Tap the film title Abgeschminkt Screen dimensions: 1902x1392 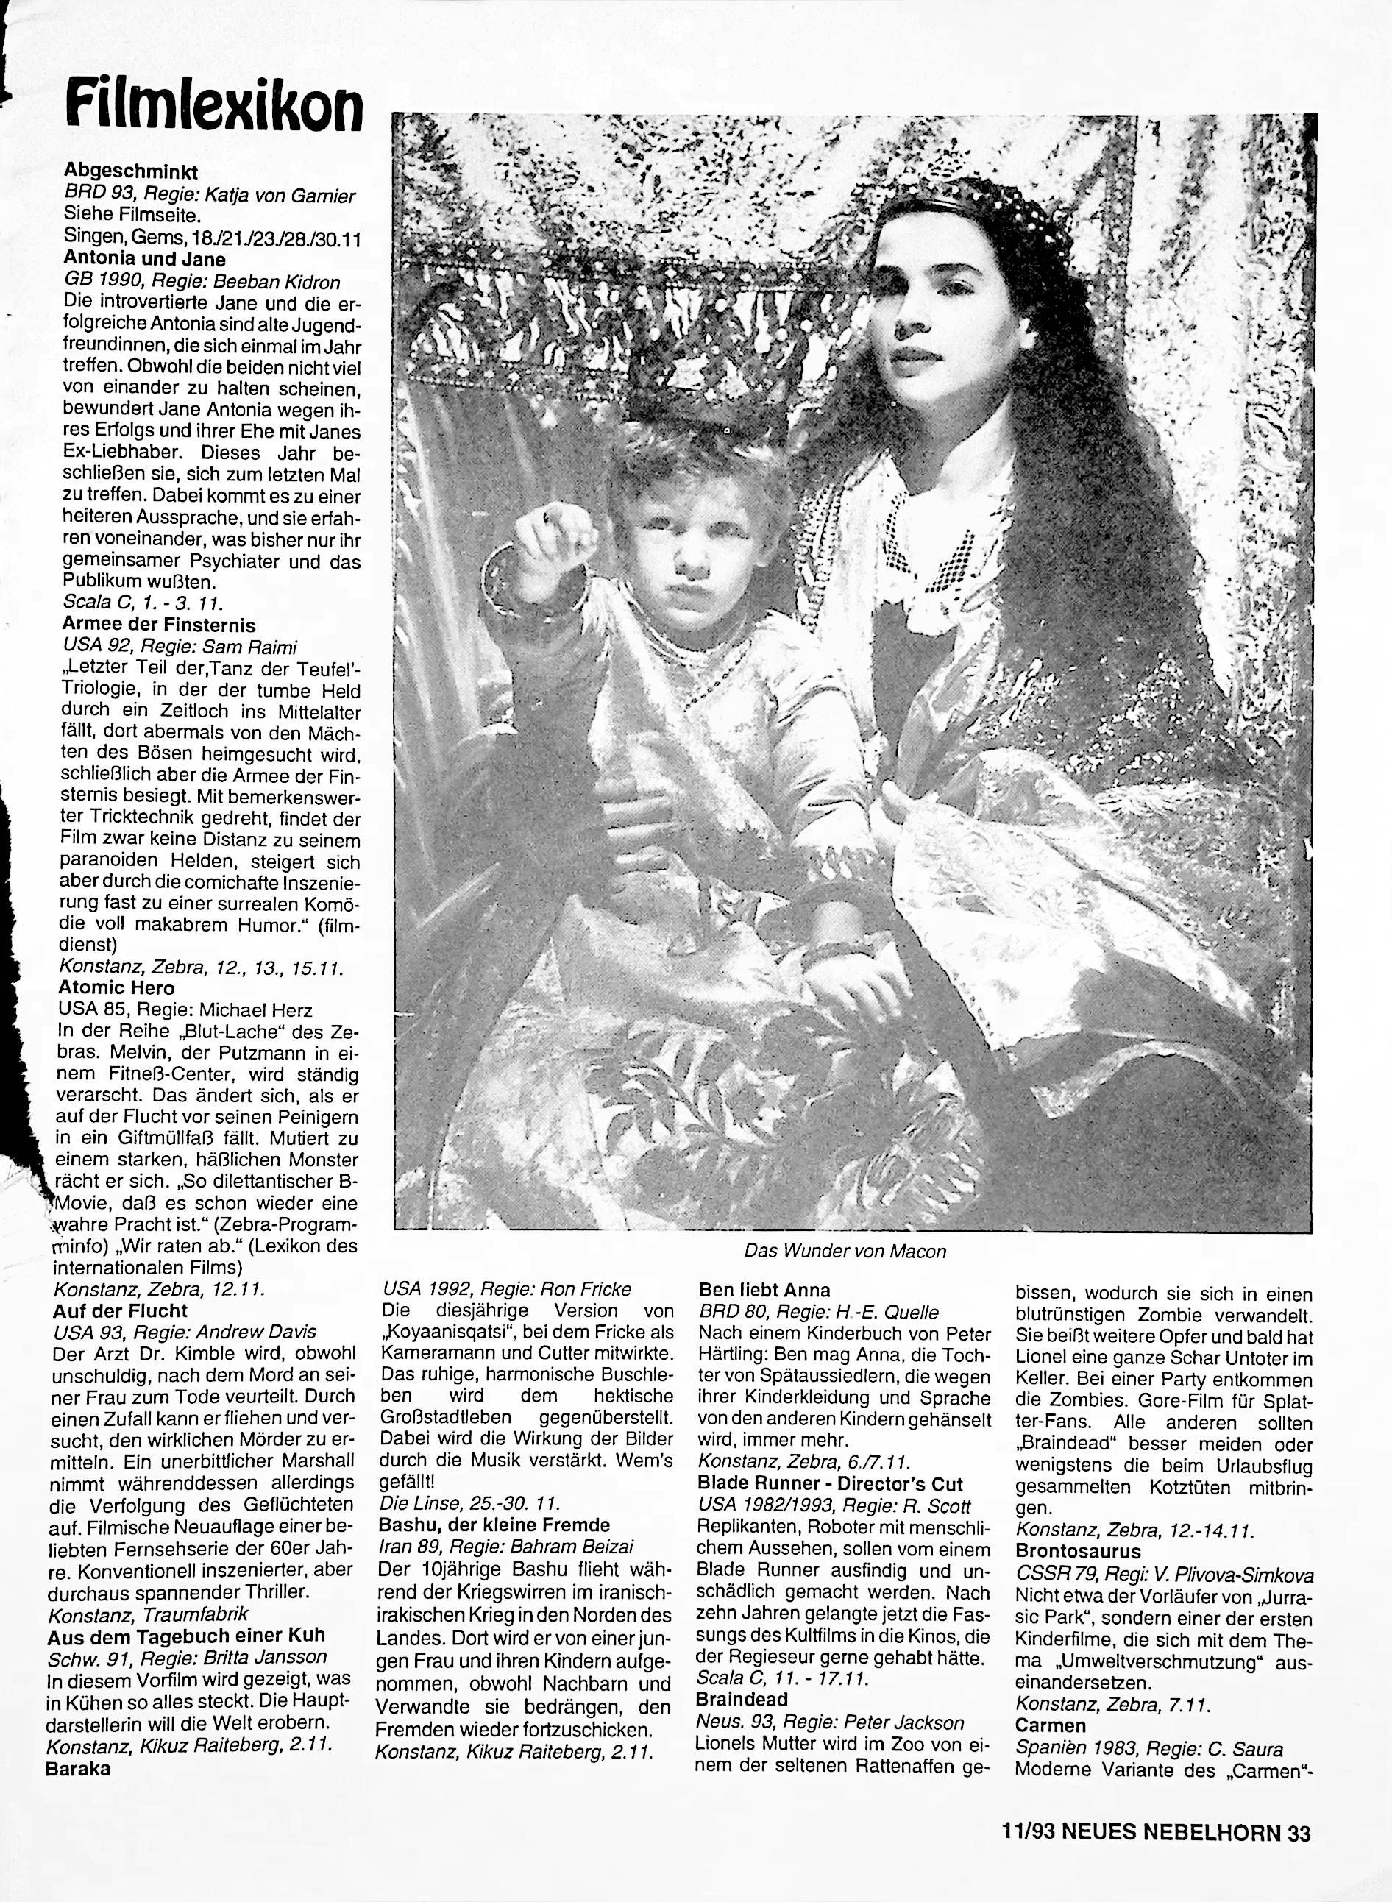[131, 172]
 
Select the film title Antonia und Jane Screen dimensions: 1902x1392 [144, 260]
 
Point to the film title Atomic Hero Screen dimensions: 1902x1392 [116, 987]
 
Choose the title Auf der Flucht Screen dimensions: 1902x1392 [120, 1310]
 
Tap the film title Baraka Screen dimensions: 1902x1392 [77, 1745]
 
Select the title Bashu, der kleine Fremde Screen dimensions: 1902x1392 [494, 1525]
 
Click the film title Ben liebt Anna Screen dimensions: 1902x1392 [764, 1290]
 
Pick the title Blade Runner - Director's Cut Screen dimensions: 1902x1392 [830, 1484]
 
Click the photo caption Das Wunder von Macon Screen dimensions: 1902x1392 [845, 1252]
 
